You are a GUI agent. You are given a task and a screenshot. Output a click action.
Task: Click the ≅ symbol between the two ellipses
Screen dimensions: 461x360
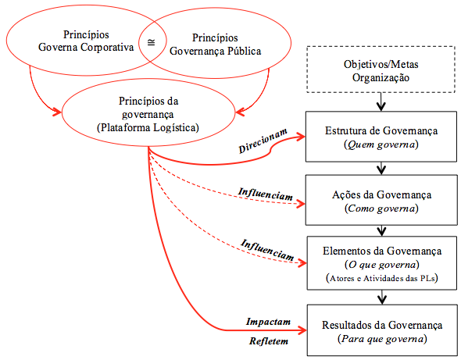pyautogui.click(x=151, y=42)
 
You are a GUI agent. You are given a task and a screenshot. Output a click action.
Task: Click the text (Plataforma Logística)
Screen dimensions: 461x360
pyautogui.click(x=148, y=127)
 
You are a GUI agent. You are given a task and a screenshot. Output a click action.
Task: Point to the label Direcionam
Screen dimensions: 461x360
pyautogui.click(x=263, y=141)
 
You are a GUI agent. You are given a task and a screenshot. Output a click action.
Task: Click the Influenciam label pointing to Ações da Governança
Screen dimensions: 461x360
pyautogui.click(x=266, y=194)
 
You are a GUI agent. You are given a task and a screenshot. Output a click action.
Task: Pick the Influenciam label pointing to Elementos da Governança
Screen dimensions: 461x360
pyautogui.click(x=268, y=250)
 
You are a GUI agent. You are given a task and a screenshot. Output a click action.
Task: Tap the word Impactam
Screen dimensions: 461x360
pyautogui.click(x=268, y=322)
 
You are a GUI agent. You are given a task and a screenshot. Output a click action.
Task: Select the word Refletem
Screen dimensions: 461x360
pyautogui.click(x=269, y=341)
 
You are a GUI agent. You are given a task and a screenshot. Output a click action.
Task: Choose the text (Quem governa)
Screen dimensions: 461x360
pyautogui.click(x=381, y=144)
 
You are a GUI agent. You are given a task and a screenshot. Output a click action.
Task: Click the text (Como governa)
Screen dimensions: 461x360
pyautogui.click(x=381, y=209)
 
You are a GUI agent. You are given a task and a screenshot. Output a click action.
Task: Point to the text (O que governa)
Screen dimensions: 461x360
pyautogui.click(x=381, y=265)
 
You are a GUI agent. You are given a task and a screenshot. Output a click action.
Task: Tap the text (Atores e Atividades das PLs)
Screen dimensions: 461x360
pyautogui.click(x=381, y=278)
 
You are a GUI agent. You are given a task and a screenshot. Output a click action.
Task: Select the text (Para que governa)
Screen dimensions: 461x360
pyautogui.click(x=382, y=339)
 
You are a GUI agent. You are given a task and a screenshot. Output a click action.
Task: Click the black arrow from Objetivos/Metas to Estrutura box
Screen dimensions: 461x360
pyautogui.click(x=381, y=102)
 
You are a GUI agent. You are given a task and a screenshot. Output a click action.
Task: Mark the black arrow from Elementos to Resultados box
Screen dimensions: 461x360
pyautogui.click(x=381, y=297)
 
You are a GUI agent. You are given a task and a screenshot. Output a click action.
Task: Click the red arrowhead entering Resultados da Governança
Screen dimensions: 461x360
pyautogui.click(x=302, y=330)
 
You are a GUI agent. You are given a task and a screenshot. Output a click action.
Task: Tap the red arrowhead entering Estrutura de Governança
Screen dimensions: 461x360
pyautogui.click(x=301, y=137)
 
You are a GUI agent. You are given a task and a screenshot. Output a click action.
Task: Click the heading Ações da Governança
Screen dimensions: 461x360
pyautogui.click(x=381, y=195)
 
